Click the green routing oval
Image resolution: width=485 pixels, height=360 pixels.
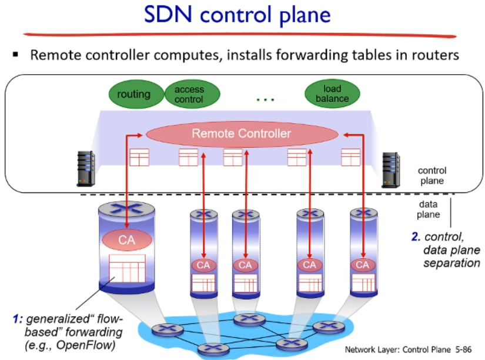coord(133,94)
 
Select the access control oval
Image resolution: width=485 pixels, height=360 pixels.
coord(189,94)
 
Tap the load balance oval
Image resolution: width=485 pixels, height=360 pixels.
coord(332,94)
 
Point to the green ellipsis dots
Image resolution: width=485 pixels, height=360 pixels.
coord(266,99)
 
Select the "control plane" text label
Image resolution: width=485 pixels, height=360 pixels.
coord(432,175)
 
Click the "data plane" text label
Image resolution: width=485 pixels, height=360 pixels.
coord(429,208)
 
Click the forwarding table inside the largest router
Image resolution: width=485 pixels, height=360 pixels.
coord(127,271)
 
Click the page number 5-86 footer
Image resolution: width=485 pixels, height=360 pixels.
coord(463,348)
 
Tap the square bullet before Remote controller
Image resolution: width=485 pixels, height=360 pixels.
coord(16,56)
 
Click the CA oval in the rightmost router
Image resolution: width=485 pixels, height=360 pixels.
coord(363,265)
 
